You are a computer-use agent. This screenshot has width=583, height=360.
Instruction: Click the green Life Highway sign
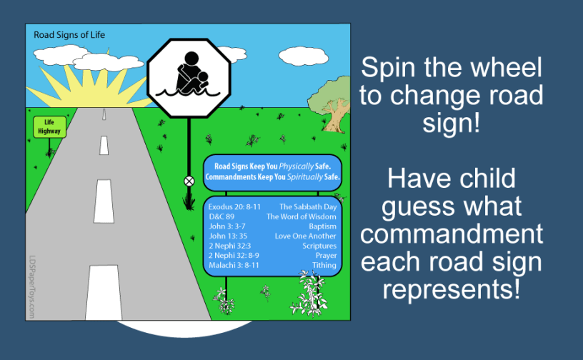(49, 127)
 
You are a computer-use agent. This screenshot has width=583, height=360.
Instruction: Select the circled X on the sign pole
(189, 181)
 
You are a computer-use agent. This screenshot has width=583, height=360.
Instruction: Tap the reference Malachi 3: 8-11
(234, 265)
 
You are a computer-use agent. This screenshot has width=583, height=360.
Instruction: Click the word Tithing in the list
(324, 265)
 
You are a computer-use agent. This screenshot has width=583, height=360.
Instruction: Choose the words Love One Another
(306, 236)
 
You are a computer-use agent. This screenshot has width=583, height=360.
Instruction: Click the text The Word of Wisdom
(302, 216)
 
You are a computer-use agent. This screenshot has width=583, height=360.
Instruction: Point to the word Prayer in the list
(326, 255)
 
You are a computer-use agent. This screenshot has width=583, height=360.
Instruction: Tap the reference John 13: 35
(228, 236)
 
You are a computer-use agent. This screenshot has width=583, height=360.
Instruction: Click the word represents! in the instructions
(452, 290)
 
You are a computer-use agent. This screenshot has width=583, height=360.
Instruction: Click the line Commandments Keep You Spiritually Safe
(273, 176)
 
